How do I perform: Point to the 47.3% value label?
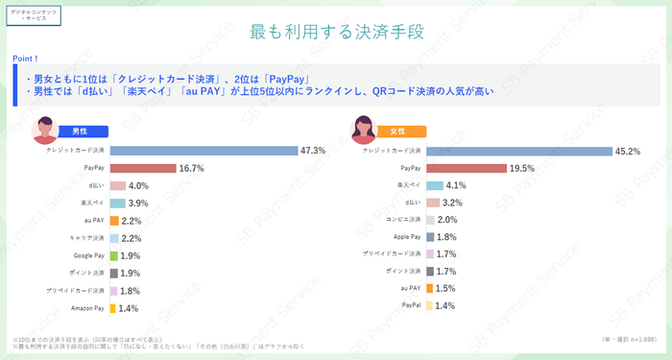[313, 151]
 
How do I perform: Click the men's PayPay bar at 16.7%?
[143, 168]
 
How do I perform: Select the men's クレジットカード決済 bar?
[203, 151]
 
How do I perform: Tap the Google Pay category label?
[89, 255]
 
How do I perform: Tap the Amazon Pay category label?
[87, 308]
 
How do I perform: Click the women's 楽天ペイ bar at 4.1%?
[434, 185]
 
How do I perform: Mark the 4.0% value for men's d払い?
[138, 185]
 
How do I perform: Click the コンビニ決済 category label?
[402, 219]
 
